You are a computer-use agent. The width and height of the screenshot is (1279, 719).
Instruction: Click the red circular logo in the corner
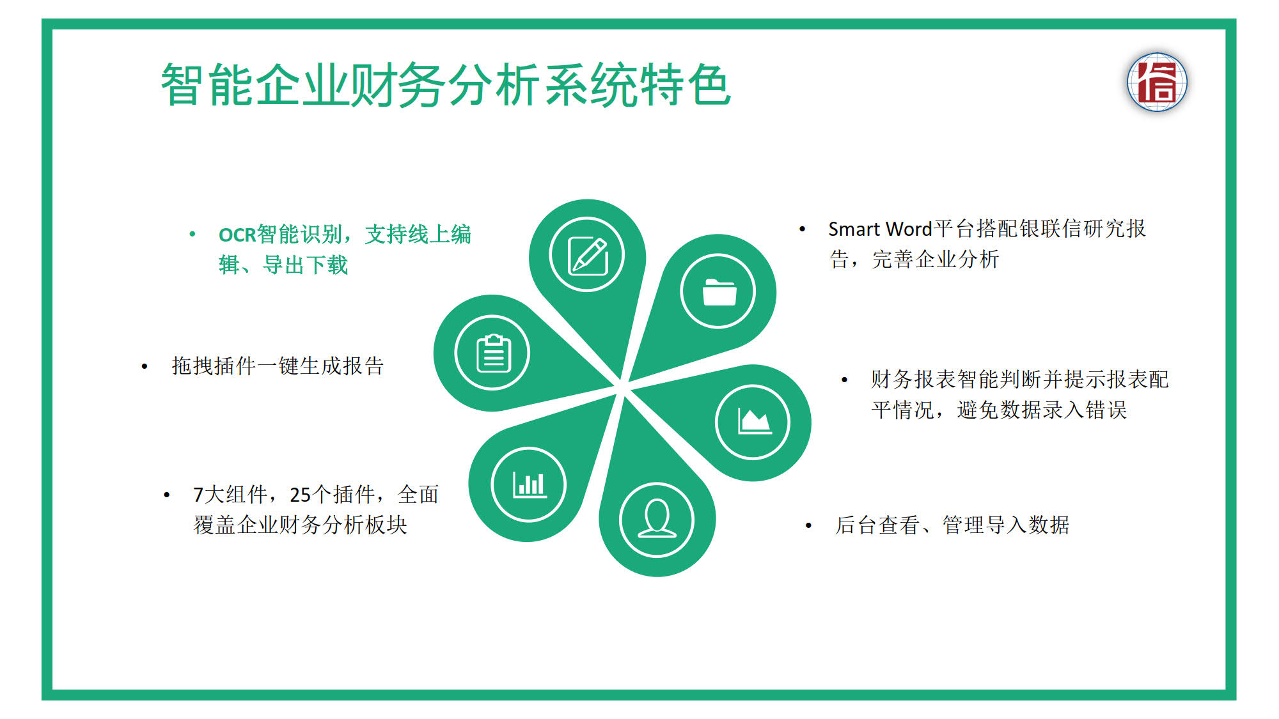1157,82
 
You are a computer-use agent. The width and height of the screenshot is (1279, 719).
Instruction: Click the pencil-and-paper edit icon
588,255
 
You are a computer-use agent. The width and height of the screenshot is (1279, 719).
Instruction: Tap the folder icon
719,292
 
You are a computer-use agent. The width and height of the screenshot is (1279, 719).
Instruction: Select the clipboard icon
493,353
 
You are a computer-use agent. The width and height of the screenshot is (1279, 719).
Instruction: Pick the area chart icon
755,421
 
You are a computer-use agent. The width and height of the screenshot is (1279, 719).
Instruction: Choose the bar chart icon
530,484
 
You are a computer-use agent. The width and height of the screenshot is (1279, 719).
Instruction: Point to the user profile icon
657,519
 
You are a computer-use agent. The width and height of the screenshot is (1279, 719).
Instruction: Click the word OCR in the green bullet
237,235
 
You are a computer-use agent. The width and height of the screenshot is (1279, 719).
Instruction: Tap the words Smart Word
880,229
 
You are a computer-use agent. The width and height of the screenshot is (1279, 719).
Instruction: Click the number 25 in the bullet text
300,495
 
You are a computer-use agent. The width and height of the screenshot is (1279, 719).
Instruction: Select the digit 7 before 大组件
198,495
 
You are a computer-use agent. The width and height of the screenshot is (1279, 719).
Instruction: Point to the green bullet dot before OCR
192,235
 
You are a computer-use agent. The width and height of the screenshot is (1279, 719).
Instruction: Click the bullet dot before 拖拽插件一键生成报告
145,366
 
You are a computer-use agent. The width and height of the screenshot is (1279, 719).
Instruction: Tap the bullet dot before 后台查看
808,525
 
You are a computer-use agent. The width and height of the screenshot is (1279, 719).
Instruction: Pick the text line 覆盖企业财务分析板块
301,525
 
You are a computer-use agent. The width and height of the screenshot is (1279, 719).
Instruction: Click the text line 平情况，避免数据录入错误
999,410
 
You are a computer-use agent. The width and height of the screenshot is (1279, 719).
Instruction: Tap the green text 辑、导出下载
283,265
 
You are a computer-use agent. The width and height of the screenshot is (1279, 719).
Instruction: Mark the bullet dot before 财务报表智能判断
844,380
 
